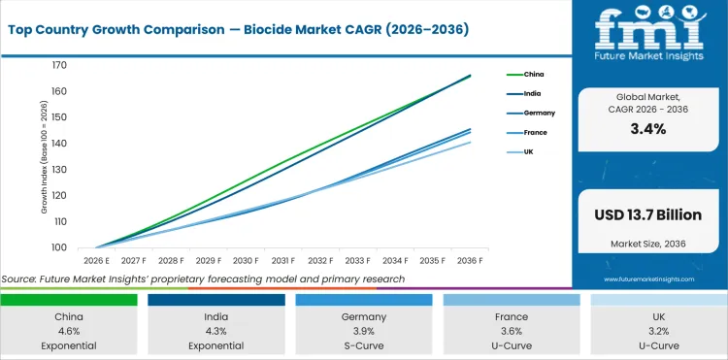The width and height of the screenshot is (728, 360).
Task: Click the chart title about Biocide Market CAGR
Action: tap(237, 30)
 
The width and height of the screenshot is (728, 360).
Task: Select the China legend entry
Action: tap(534, 74)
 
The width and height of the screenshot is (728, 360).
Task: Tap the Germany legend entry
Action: tap(538, 113)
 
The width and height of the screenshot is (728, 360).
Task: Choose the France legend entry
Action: tap(536, 132)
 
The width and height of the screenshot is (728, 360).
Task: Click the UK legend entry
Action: tap(529, 151)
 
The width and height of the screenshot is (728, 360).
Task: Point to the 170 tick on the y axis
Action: tap(59, 65)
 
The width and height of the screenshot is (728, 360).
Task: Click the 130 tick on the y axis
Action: tap(59, 170)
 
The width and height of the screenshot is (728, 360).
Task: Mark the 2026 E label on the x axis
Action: tap(97, 261)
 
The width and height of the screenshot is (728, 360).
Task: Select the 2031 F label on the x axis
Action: tap(284, 261)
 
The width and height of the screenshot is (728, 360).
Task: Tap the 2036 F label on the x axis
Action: tap(471, 261)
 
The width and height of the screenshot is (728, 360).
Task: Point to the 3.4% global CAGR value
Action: tap(647, 129)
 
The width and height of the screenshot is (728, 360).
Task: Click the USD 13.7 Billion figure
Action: tap(647, 213)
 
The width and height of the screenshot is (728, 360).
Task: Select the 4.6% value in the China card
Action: tap(68, 330)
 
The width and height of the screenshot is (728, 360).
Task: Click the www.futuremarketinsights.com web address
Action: tap(647, 279)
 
